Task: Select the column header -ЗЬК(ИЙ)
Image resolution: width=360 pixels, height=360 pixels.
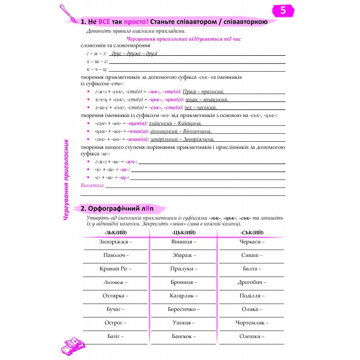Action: [x=115, y=232]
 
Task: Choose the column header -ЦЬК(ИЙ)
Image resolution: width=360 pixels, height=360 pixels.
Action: [x=184, y=232]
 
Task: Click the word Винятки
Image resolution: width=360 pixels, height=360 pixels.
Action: [x=91, y=185]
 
